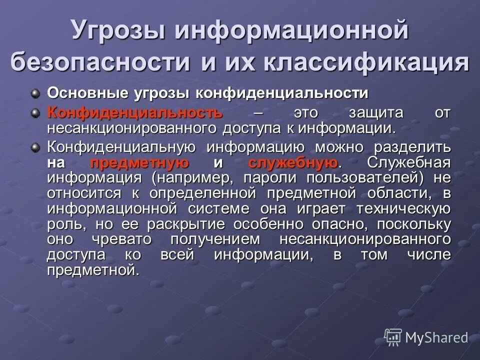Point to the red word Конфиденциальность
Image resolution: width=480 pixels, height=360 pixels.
coord(135,112)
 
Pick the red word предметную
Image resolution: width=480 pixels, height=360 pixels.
coord(139,162)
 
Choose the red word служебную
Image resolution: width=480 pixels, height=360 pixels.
coord(292,162)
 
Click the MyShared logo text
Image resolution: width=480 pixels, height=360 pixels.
coord(436,337)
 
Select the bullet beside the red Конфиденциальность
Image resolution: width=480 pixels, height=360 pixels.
coord(35,112)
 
